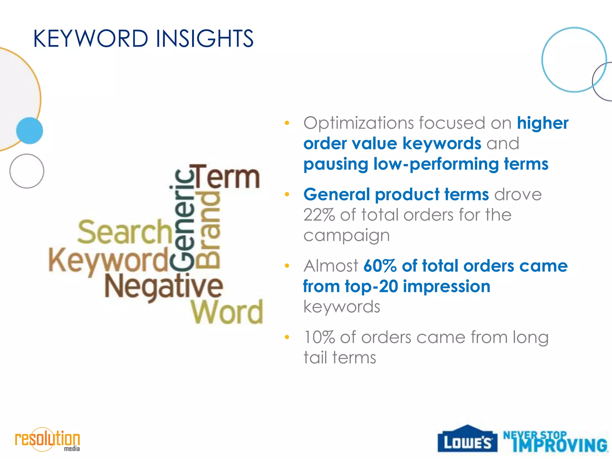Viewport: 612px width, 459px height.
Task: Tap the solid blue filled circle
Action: [x=30, y=131]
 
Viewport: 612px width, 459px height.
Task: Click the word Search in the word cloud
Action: [x=125, y=232]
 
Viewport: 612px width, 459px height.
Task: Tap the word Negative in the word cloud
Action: [x=164, y=286]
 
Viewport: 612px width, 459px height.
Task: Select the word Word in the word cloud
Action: [x=227, y=312]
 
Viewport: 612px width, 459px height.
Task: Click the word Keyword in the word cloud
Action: [x=108, y=260]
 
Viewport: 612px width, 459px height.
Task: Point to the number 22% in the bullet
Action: [x=319, y=215]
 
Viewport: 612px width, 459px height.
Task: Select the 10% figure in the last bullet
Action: [x=319, y=337]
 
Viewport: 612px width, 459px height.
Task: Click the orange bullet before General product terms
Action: [x=287, y=195]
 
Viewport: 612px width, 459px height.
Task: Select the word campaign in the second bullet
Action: [x=347, y=235]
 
